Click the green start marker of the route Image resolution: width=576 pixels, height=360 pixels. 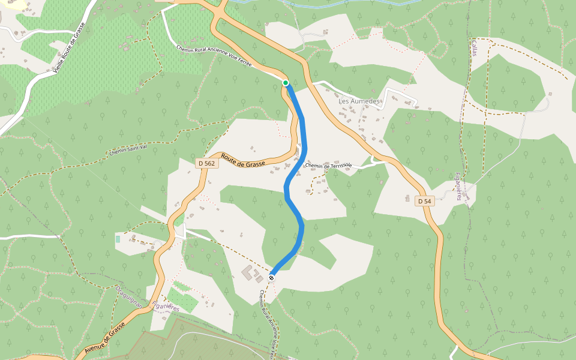click(286, 83)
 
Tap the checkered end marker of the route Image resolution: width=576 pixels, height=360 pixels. click(272, 277)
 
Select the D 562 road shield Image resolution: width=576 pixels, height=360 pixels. click(206, 163)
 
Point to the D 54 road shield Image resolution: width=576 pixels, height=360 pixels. click(424, 200)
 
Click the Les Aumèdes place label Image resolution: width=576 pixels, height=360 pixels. click(359, 101)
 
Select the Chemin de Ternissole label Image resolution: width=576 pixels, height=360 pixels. click(328, 166)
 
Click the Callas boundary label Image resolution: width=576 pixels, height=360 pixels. click(474, 49)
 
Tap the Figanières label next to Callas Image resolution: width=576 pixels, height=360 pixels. click(459, 185)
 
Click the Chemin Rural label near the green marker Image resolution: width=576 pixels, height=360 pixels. click(214, 57)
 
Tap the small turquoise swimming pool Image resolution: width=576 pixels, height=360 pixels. click(118, 239)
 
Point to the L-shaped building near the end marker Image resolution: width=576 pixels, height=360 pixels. click(249, 273)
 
